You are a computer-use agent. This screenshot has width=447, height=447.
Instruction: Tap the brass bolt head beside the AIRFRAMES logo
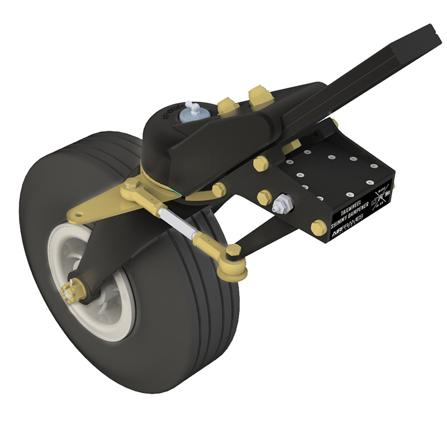(318, 228)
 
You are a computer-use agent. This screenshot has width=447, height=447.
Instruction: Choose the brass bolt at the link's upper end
(132, 184)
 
